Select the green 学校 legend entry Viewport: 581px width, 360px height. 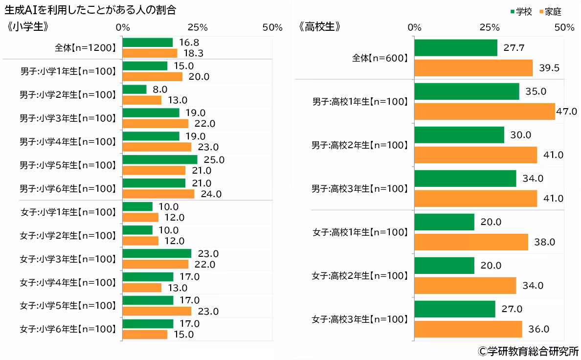pyautogui.click(x=521, y=11)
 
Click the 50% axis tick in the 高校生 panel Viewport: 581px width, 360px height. pyautogui.click(x=564, y=27)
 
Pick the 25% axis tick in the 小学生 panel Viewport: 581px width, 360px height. pyautogui.click(x=198, y=27)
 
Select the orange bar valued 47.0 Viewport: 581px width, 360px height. pyautogui.click(x=484, y=112)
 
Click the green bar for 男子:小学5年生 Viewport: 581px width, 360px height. pyautogui.click(x=159, y=159)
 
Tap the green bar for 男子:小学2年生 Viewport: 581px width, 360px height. pyautogui.click(x=134, y=89)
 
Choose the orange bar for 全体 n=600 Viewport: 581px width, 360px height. pyautogui.click(x=473, y=67)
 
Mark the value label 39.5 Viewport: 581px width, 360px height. pyautogui.click(x=549, y=67)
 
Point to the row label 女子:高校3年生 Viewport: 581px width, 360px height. pyautogui.click(x=360, y=319)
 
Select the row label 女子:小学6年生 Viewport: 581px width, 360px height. pyautogui.click(x=68, y=329)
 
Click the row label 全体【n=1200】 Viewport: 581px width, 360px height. pyautogui.click(x=86, y=48)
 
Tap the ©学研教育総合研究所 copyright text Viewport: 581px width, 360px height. pyautogui.click(x=528, y=351)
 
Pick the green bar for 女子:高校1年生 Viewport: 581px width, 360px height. pyautogui.click(x=444, y=222)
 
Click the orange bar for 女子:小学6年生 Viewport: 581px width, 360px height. pyautogui.click(x=145, y=335)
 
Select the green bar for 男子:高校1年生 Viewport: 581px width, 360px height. pyautogui.click(x=467, y=91)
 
